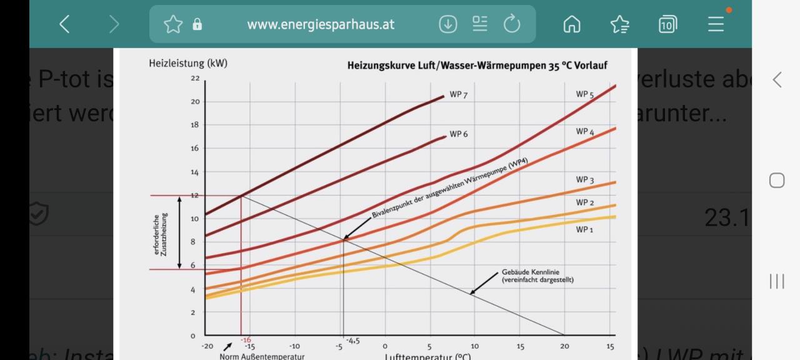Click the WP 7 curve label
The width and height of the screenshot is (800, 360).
(458, 95)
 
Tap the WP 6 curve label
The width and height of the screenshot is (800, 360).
(458, 134)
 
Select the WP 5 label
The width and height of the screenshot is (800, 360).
(585, 94)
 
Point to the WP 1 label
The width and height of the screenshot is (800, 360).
(585, 230)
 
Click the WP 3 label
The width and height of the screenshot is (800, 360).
(585, 181)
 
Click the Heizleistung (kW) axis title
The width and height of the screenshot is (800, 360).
(188, 63)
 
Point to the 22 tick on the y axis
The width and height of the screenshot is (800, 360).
(196, 79)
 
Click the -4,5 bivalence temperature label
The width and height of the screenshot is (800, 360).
(352, 341)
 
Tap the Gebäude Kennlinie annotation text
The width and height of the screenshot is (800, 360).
(537, 276)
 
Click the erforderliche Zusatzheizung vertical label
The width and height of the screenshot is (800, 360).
(161, 234)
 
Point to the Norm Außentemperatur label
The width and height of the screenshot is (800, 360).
(262, 356)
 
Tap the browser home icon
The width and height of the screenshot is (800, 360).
(572, 24)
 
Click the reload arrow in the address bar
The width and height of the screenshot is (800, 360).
(512, 24)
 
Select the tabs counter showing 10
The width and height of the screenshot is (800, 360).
(667, 24)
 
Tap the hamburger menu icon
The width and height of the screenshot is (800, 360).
(716, 24)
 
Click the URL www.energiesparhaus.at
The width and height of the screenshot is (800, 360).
(321, 24)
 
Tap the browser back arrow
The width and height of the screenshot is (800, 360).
(64, 24)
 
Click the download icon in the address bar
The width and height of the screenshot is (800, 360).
(448, 24)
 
